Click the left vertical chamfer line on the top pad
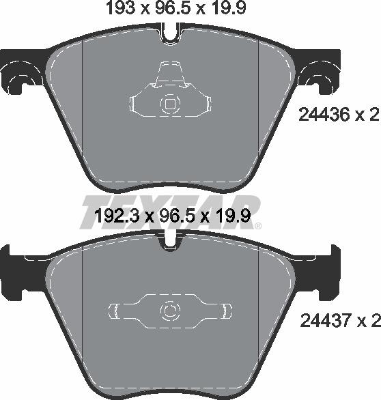(82, 102)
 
